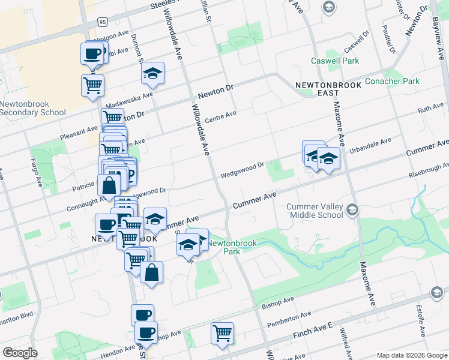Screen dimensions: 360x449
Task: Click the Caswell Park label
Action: click(335, 61)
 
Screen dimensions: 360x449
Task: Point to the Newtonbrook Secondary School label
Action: click(33, 108)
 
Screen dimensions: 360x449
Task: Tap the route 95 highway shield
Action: click(103, 22)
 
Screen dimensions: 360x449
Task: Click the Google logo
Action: click(20, 353)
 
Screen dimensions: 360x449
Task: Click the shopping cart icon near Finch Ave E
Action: click(223, 333)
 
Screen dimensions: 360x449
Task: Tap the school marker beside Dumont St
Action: click(153, 73)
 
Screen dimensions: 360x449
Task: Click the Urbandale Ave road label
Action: click(370, 145)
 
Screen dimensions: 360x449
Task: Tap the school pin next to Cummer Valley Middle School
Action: click(352, 210)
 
